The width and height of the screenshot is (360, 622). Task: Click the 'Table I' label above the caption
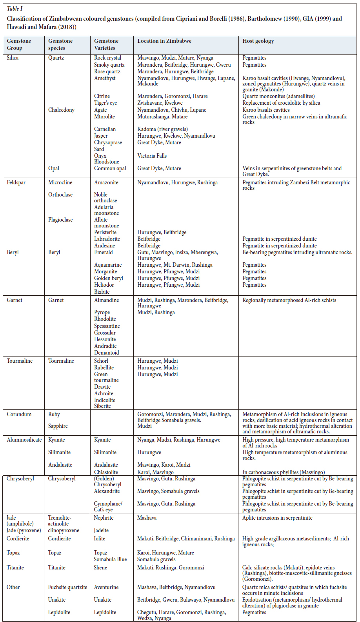(x=15, y=9)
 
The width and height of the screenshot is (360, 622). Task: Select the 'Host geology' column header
(x=258, y=41)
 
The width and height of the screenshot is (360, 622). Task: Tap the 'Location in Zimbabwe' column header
(x=164, y=41)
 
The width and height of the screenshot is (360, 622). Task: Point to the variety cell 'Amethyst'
(x=105, y=78)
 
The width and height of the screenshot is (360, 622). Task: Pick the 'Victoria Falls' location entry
(x=152, y=156)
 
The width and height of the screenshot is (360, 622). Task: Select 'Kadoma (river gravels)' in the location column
(x=162, y=129)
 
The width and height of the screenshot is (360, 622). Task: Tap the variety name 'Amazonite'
(x=106, y=182)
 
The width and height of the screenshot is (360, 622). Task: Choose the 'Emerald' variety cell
(x=103, y=252)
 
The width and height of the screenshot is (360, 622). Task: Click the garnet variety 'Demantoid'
(x=106, y=353)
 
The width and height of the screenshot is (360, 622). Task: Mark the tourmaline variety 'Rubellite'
(x=104, y=367)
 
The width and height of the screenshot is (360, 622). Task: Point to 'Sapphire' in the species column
(x=58, y=426)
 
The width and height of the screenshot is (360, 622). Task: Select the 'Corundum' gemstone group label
(x=19, y=414)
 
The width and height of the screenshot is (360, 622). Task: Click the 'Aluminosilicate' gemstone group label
(x=24, y=440)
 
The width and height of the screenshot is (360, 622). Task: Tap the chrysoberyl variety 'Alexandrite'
(x=107, y=491)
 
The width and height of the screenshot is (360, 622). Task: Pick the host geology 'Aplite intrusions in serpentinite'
(x=277, y=518)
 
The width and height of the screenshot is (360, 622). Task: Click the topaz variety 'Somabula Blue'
(x=110, y=559)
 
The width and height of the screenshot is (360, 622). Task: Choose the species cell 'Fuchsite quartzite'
(x=67, y=587)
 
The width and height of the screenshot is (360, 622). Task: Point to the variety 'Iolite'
(x=100, y=538)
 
